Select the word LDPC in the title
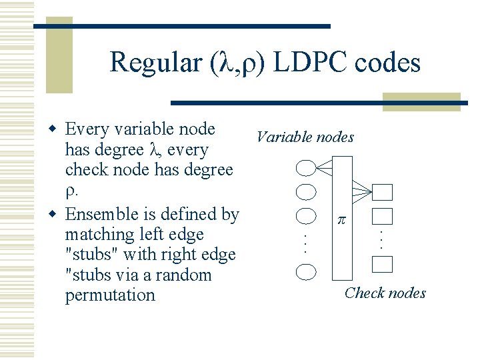coord(312,63)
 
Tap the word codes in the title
coord(389,63)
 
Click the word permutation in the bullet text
coord(109,295)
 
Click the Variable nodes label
coord(305,137)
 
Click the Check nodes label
coord(385,293)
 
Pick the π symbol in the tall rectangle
coord(341,220)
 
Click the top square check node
coord(383,192)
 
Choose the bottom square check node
coord(383,264)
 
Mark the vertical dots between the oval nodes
coord(304,241)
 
